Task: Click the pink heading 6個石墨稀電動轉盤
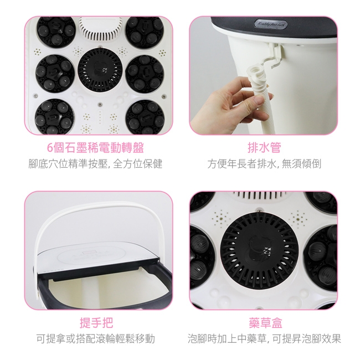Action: pos(95,148)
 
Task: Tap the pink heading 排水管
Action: pos(264,148)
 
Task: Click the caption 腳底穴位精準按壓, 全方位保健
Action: pos(95,164)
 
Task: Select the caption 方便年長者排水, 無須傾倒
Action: pos(264,164)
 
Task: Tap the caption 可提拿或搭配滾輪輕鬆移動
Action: pos(96,338)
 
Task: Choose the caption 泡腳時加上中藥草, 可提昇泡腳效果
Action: pos(264,338)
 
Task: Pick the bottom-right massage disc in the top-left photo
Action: pos(145,116)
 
